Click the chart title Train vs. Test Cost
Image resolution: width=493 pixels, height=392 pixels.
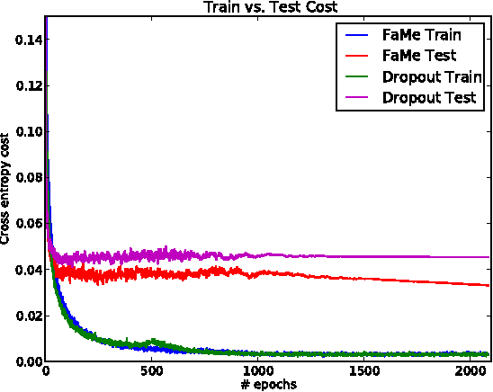click(268, 8)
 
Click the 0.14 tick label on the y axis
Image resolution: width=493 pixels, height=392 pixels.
click(23, 39)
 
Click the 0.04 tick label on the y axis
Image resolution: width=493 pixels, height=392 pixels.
click(23, 270)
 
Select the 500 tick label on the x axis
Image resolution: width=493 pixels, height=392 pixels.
click(151, 371)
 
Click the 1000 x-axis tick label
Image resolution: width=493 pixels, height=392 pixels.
click(257, 371)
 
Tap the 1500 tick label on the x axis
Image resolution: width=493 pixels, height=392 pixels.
click(363, 371)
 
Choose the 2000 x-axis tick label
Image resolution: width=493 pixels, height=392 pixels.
click(470, 371)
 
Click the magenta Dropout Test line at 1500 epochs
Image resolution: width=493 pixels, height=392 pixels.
click(363, 257)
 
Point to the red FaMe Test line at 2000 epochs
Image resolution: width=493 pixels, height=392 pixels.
click(470, 283)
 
